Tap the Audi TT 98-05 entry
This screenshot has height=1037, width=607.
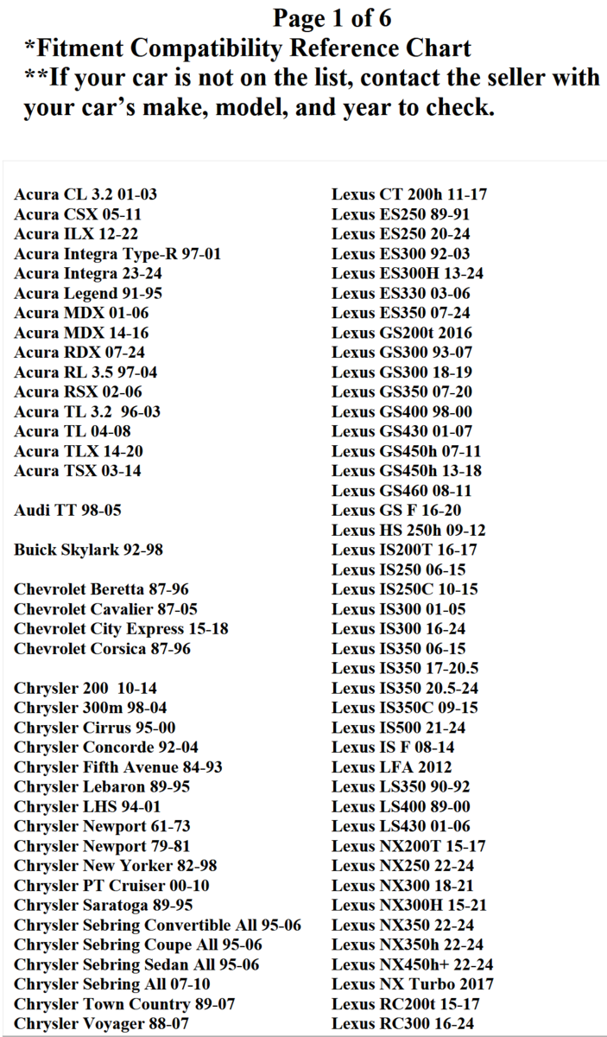pyautogui.click(x=67, y=511)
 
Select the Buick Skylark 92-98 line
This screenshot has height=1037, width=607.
pyautogui.click(x=88, y=550)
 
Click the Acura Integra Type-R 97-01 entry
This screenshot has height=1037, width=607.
pyautogui.click(x=117, y=254)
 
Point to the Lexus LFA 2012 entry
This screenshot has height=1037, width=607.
pyautogui.click(x=391, y=767)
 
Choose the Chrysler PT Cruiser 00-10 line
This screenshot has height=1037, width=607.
pyautogui.click(x=111, y=886)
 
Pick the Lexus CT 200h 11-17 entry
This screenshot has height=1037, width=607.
pyautogui.click(x=415, y=194)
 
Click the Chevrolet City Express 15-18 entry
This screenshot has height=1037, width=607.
pyautogui.click(x=121, y=629)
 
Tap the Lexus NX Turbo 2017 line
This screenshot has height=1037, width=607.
pyautogui.click(x=413, y=984)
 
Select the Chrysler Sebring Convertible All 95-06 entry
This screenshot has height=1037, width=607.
pyautogui.click(x=157, y=926)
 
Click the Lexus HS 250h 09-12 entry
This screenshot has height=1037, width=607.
pyautogui.click(x=408, y=531)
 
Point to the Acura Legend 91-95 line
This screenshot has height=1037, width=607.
pyautogui.click(x=88, y=294)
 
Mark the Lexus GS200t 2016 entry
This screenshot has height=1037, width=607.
pyautogui.click(x=402, y=333)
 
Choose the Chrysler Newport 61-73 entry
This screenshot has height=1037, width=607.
pyautogui.click(x=102, y=826)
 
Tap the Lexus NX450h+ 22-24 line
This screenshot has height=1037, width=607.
pyautogui.click(x=413, y=964)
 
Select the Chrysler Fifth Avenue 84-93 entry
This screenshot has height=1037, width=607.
pyautogui.click(x=117, y=767)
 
